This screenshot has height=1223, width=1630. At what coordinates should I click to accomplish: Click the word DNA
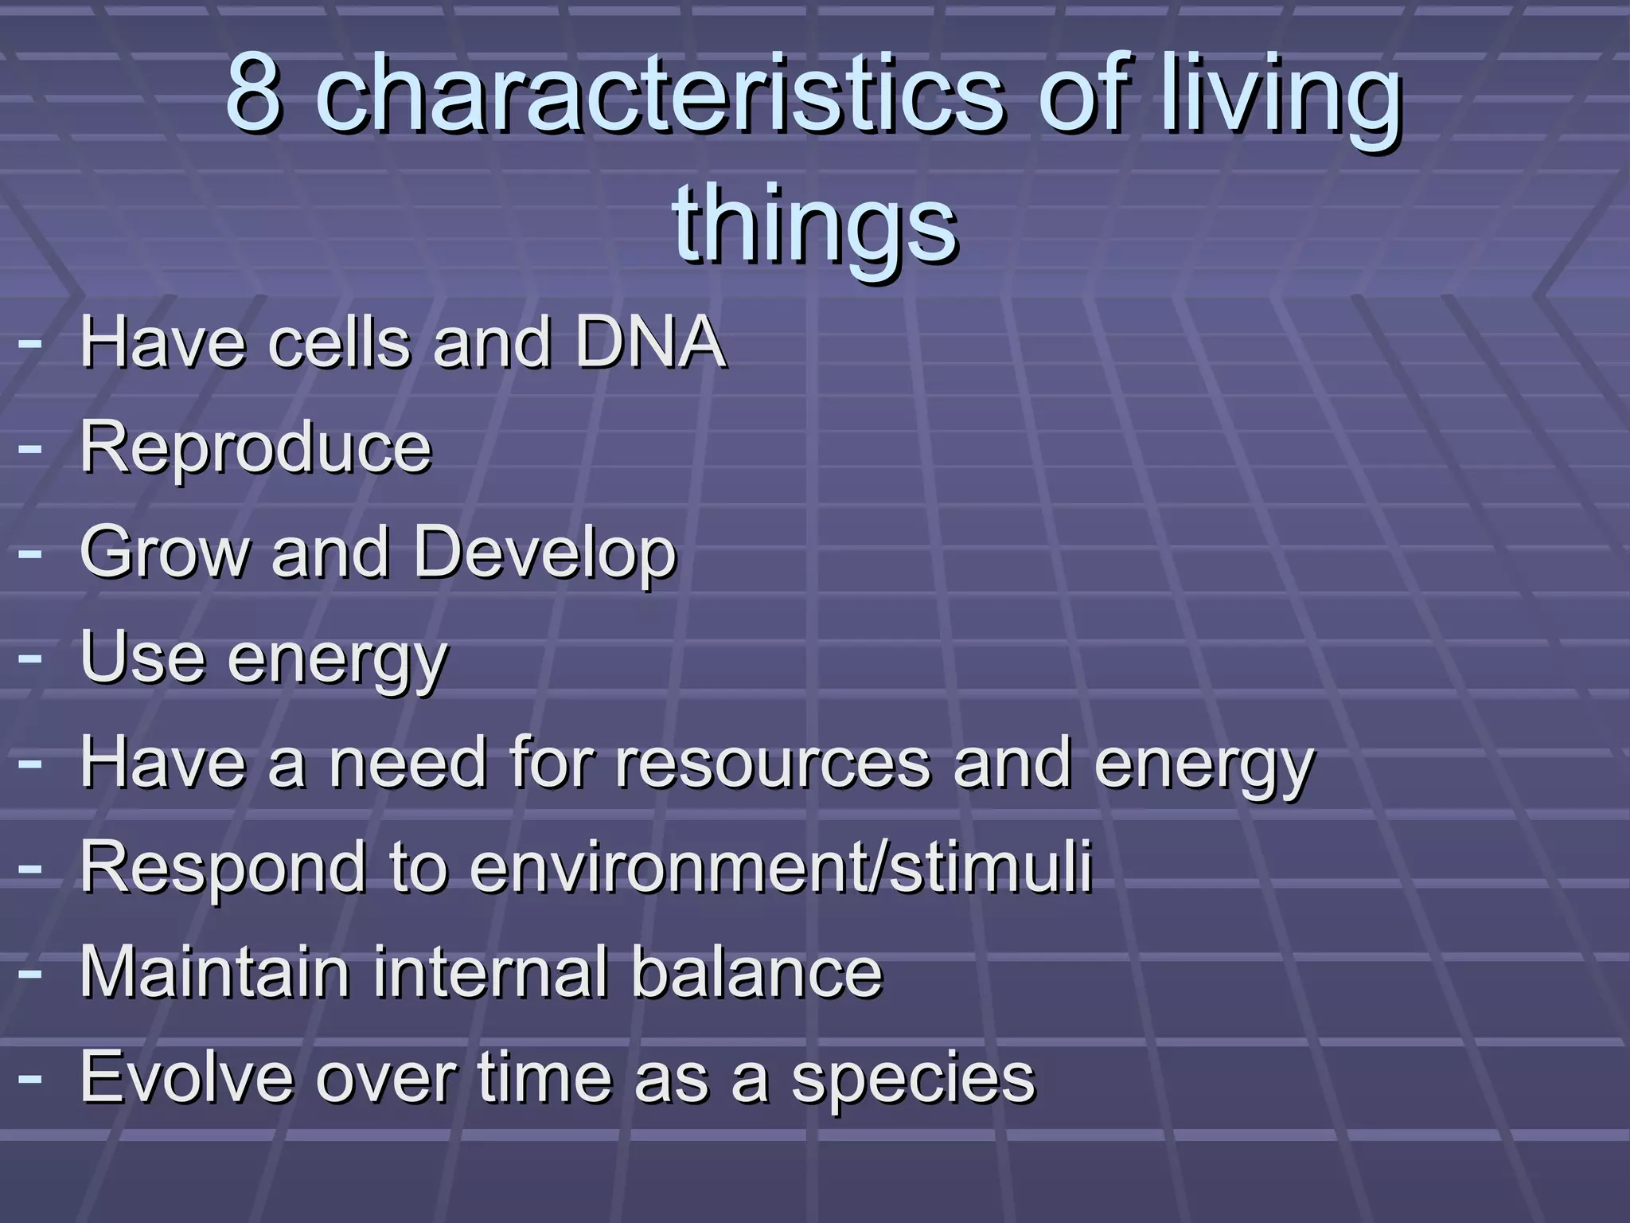click(649, 342)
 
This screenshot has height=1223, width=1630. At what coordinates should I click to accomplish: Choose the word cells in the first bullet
click(338, 342)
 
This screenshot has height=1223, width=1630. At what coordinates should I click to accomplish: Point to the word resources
click(772, 763)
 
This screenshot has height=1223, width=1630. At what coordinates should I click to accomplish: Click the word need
click(407, 763)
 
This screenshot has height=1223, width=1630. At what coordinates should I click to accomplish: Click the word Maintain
click(215, 971)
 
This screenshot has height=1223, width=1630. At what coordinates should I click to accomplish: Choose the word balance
click(756, 971)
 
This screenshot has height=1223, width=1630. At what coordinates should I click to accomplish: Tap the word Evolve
click(187, 1076)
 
